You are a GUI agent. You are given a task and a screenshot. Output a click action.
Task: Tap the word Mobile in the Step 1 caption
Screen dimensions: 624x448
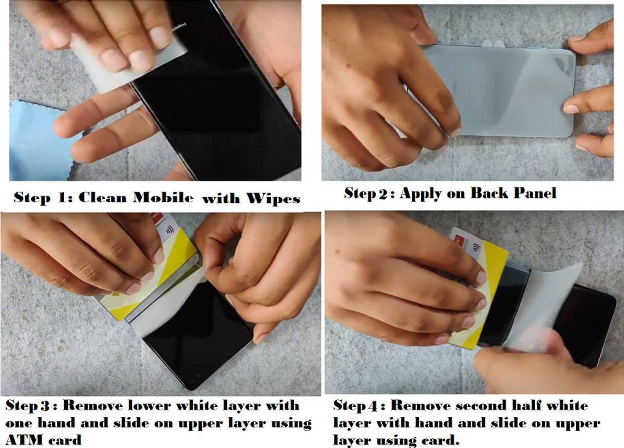click(163, 197)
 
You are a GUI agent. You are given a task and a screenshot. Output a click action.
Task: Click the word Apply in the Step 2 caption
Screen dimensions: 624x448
click(421, 194)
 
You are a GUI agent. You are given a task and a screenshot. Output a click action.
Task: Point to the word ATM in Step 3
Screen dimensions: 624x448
click(23, 440)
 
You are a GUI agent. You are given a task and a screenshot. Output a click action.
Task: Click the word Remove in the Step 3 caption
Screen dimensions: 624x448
click(92, 406)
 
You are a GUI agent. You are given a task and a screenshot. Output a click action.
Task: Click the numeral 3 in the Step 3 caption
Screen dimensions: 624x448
click(45, 406)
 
